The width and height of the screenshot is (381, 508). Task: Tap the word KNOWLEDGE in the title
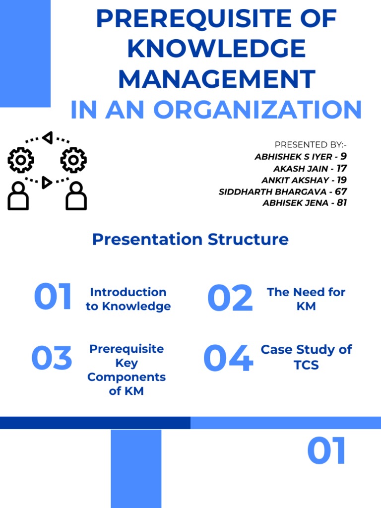pos(216,49)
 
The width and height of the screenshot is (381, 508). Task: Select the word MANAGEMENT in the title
pos(216,79)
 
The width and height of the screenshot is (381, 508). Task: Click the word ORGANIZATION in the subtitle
pos(257,110)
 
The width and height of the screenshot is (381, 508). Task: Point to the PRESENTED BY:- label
pos(311,145)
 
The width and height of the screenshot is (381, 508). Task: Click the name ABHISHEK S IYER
pos(293,157)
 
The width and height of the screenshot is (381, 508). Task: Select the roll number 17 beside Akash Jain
pos(341,168)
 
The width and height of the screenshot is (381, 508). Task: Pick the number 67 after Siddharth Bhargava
pos(341,191)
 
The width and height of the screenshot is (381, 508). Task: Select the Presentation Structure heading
pos(190,240)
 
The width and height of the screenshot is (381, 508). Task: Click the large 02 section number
pos(230,298)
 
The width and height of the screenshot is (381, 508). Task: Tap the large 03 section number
pos(52,359)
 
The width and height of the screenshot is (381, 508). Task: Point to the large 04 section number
pos(228,359)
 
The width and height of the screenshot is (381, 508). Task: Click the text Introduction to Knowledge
pos(128,299)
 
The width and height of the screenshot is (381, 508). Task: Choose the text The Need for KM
pos(306,299)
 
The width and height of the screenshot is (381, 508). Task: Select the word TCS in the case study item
pos(306,365)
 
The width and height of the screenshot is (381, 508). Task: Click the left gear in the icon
pos(21,160)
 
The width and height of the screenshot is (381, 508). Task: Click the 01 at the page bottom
pos(326,451)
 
